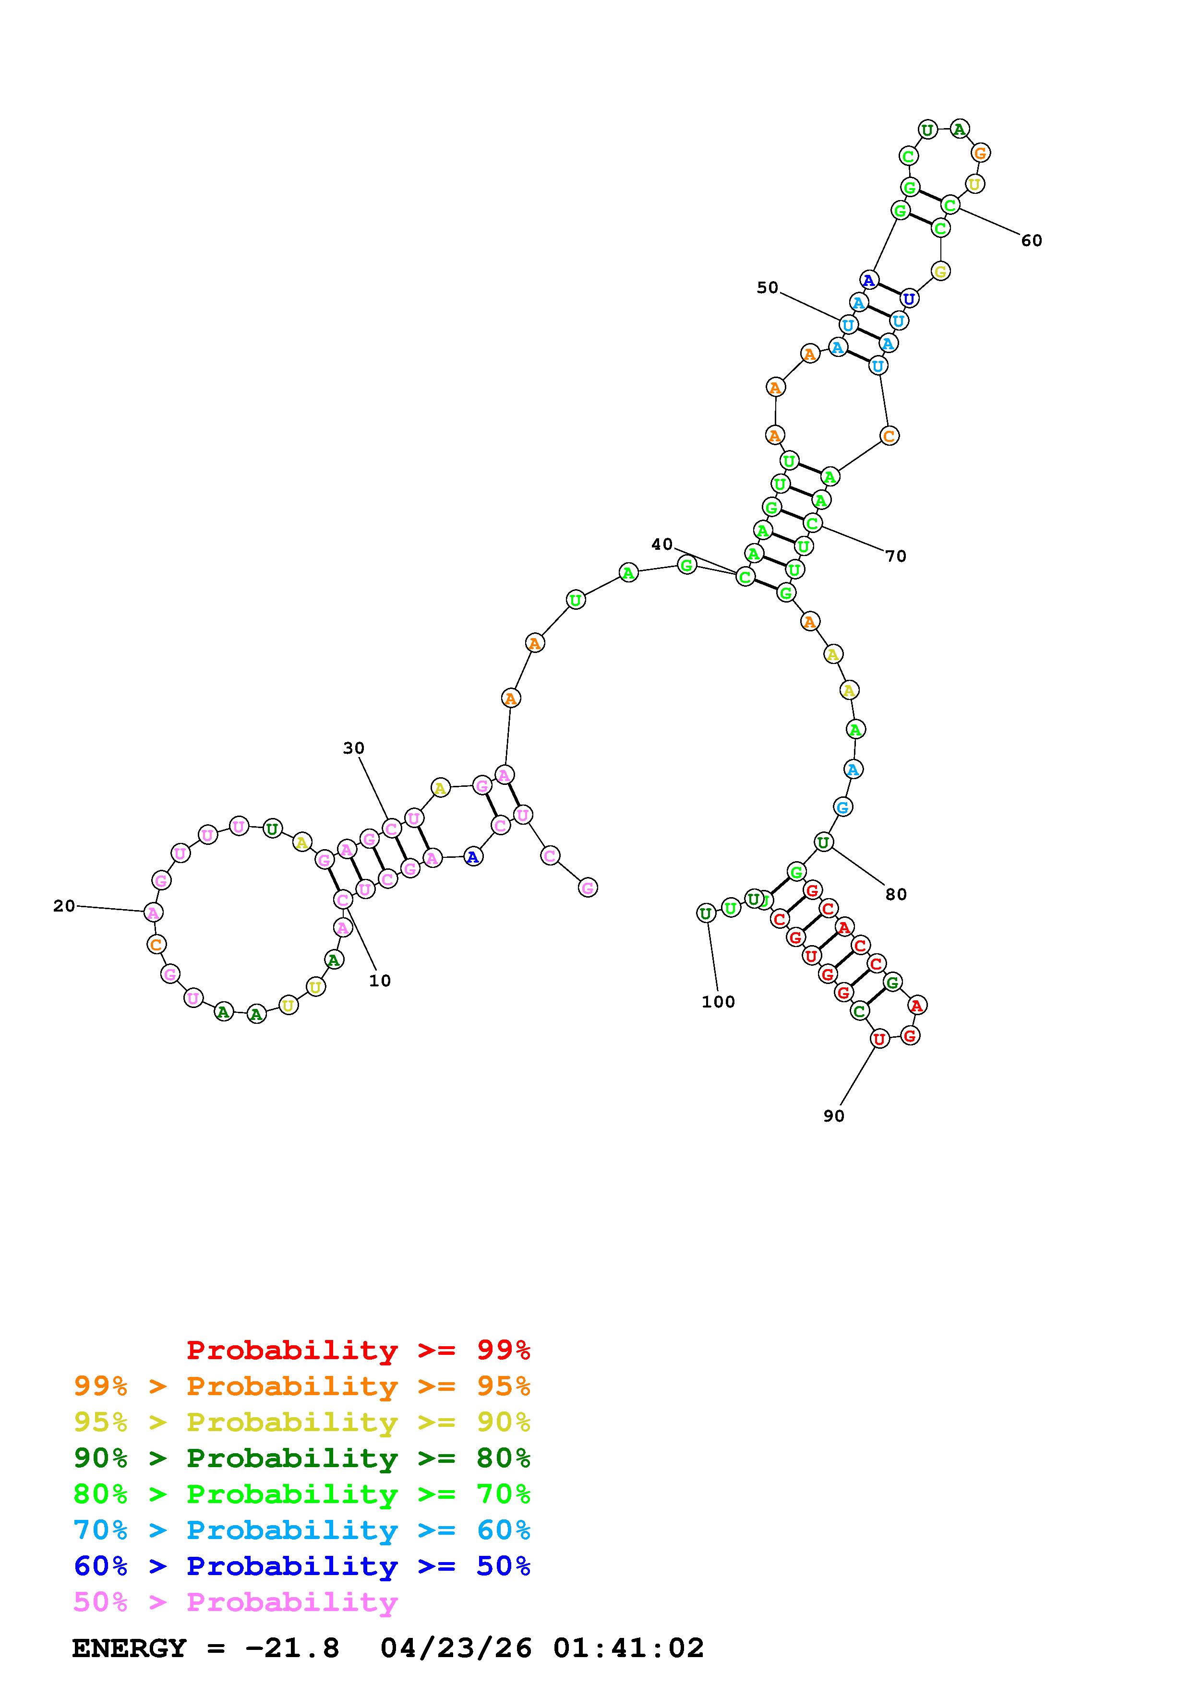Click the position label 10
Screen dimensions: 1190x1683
point(380,981)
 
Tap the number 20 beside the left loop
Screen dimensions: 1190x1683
point(64,906)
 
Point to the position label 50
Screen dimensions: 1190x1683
point(768,287)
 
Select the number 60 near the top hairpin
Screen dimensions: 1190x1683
point(1032,240)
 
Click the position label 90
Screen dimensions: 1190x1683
point(834,1115)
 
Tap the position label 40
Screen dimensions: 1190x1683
point(662,544)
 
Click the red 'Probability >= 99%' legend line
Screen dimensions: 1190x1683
point(359,1350)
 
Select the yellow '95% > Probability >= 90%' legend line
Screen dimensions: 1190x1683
point(302,1422)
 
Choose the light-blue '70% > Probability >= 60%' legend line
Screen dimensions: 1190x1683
point(302,1530)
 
